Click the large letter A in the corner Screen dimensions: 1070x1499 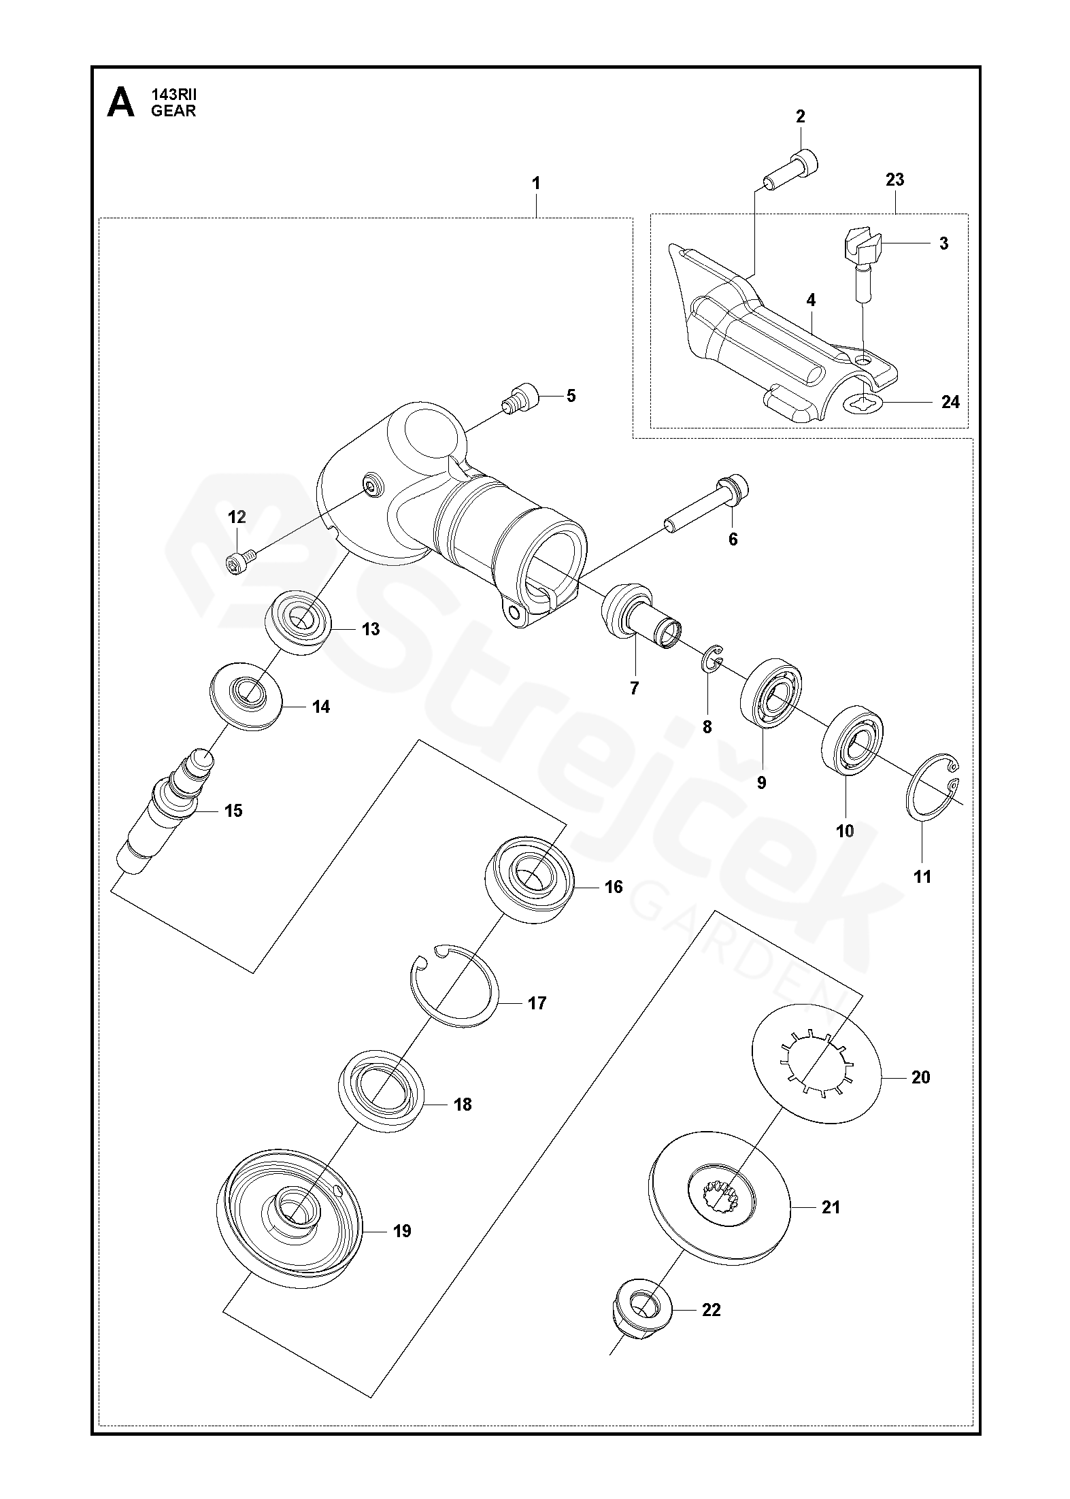coord(121,103)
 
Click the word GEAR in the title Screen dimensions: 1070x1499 coord(173,111)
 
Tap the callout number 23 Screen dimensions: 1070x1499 coord(895,180)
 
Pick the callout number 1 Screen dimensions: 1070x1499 coord(536,183)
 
